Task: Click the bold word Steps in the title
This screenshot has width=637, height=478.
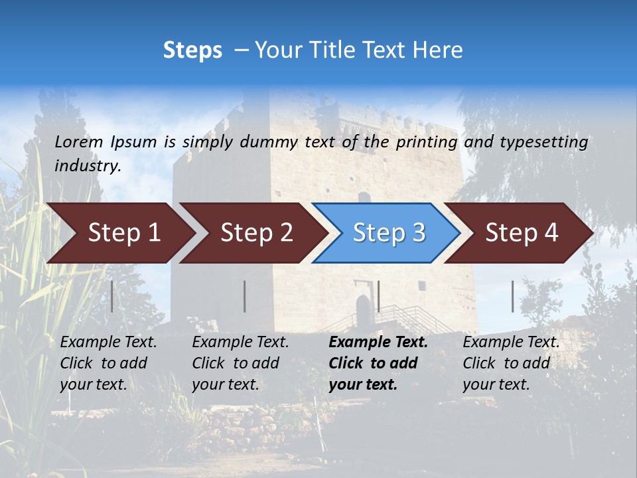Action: pos(192,50)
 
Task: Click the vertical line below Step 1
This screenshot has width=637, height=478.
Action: pos(111,296)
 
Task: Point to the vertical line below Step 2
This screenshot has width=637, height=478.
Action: pos(245,296)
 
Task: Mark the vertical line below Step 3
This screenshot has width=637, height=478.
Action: pos(378,296)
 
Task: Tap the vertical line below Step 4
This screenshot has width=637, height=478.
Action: pos(512,296)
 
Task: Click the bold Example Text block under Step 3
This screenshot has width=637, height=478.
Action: pos(378,363)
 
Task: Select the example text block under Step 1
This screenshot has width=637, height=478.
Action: pos(108,363)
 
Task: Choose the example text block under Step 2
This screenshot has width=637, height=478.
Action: pos(240,363)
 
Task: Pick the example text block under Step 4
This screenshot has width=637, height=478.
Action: pos(511,363)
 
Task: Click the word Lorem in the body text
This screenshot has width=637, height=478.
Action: pos(79,141)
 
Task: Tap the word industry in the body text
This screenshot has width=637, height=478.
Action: pos(87,166)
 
